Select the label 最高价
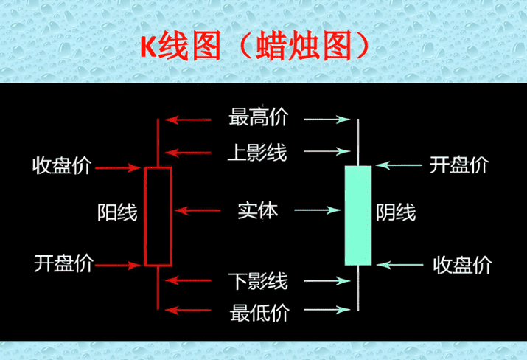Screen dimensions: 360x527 click(258, 117)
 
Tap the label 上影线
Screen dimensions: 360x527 click(257, 153)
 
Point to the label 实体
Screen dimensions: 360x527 click(258, 211)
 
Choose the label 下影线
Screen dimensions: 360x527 click(257, 280)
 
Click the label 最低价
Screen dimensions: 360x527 click(259, 312)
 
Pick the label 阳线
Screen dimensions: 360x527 click(117, 212)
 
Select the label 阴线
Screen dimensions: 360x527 click(397, 212)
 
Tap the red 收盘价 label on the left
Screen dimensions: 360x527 click(62, 166)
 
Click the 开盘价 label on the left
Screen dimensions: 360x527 click(62, 263)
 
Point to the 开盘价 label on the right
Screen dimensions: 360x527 click(458, 165)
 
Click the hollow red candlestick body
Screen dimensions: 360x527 click(158, 215)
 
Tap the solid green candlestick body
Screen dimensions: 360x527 click(358, 215)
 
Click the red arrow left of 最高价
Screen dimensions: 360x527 click(192, 118)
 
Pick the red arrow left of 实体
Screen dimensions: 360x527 click(200, 212)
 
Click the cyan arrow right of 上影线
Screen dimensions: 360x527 click(325, 153)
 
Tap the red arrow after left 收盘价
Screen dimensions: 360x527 click(119, 167)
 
